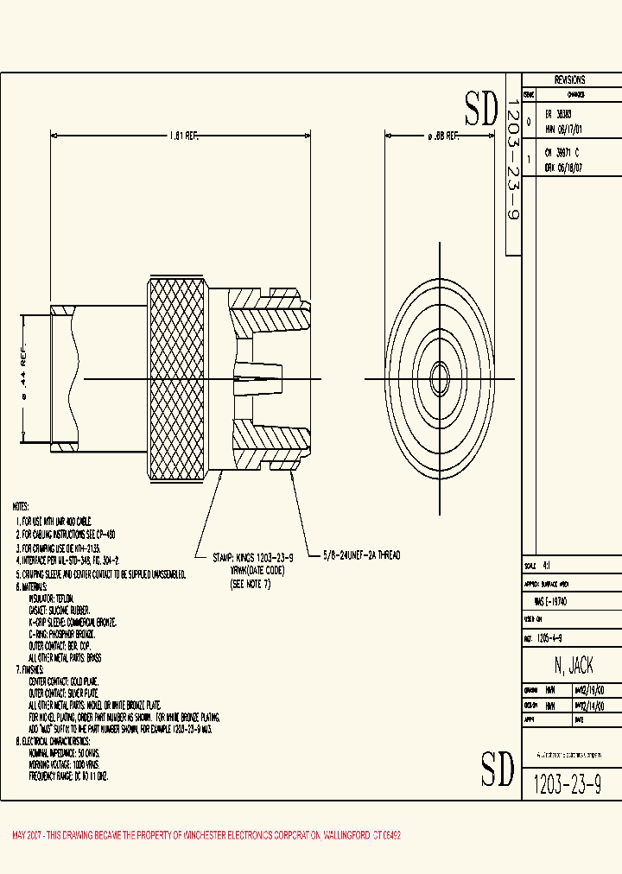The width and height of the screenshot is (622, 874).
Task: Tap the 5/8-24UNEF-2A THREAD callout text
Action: (x=361, y=555)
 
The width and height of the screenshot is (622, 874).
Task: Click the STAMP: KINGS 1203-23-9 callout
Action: (x=253, y=557)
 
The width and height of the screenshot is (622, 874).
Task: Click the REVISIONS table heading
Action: (x=569, y=79)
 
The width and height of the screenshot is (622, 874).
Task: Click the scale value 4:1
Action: (x=546, y=566)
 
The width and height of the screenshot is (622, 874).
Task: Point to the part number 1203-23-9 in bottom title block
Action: (x=567, y=784)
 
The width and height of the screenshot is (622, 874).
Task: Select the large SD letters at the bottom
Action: (x=498, y=769)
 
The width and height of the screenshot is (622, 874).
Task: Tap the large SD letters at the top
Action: (x=482, y=109)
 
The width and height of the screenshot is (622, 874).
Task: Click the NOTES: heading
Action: (x=21, y=506)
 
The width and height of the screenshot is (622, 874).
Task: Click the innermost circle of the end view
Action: (x=440, y=377)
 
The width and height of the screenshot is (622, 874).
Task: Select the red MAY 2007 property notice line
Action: (x=206, y=836)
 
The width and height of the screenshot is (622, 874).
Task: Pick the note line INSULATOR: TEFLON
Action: (x=52, y=598)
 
